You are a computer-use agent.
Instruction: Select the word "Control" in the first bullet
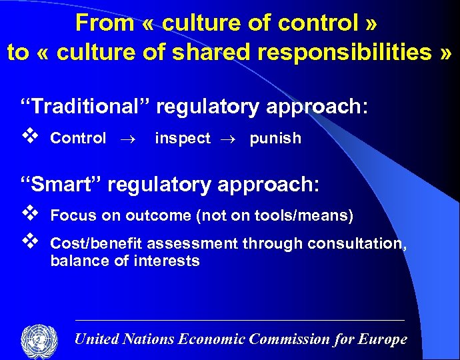coord(78,139)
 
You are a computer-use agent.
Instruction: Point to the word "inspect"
coord(182,139)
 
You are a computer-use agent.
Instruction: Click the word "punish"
coord(275,139)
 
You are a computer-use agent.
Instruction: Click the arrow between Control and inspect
coord(127,139)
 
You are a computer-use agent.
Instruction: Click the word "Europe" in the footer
coord(383,339)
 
